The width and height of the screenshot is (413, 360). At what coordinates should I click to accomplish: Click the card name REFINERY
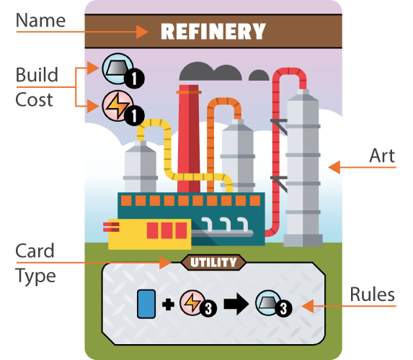tap(213, 31)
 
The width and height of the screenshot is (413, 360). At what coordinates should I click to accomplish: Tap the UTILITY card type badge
tap(213, 262)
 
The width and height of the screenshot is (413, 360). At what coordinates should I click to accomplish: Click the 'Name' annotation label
tap(40, 20)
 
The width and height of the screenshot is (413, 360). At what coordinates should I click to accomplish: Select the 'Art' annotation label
tap(382, 156)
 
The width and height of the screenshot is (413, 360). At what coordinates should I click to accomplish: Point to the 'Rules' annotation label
tap(373, 294)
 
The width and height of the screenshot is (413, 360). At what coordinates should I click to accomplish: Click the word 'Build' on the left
tap(37, 75)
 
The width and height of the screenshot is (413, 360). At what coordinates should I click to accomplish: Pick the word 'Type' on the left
tap(35, 276)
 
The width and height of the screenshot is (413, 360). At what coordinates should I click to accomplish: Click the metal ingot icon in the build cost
tap(117, 68)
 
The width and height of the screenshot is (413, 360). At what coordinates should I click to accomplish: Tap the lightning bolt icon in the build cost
tap(117, 106)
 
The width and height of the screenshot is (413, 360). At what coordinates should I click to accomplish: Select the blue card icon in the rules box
tap(146, 305)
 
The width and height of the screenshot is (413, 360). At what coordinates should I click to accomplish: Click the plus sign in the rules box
tap(168, 305)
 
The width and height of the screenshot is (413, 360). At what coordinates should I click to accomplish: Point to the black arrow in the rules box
tap(236, 305)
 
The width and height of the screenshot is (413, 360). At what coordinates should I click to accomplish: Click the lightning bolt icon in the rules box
tap(192, 303)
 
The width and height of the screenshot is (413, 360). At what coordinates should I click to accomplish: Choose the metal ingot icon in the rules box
tap(268, 303)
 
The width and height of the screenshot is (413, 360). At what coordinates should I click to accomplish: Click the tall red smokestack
tap(189, 139)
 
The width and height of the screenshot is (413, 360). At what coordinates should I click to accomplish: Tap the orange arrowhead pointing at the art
tap(334, 167)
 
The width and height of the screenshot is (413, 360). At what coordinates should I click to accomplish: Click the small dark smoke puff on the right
tap(259, 76)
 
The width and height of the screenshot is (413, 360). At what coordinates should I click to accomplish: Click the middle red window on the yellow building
tap(166, 230)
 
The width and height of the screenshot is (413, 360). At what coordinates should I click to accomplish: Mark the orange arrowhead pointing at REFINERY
tap(142, 32)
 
